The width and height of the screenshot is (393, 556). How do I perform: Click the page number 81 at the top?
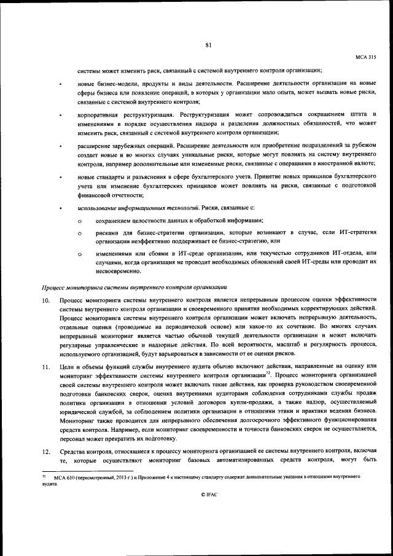(209, 44)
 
